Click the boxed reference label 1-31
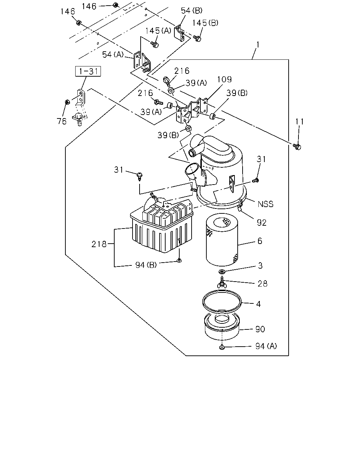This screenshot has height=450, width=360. point(88,71)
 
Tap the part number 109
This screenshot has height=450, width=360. point(224,79)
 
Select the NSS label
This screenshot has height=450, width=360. point(265,204)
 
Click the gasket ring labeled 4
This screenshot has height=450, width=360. point(222,302)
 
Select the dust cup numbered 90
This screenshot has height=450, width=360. point(222,327)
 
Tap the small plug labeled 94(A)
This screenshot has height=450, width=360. point(222,347)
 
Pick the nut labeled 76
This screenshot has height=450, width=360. point(67,102)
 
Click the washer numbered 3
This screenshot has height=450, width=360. point(222,272)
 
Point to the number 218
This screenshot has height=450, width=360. point(99,244)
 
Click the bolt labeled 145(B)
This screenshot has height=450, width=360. point(197,38)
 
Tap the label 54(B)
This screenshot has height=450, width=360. point(192,11)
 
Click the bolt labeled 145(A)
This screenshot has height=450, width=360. point(155,44)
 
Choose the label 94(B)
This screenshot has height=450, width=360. point(146,265)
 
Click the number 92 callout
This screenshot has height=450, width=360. point(262,223)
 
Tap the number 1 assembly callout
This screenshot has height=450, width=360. point(258,45)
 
